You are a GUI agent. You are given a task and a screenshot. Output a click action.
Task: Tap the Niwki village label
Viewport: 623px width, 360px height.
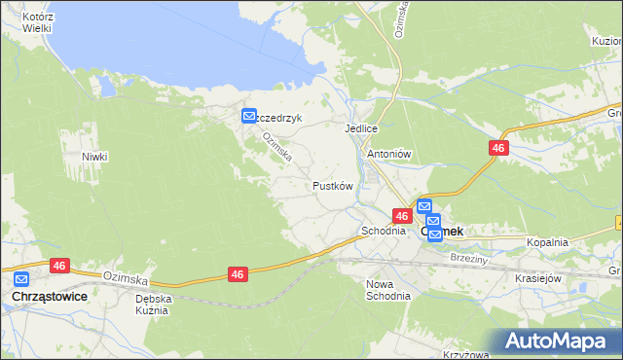pyautogui.click(x=94, y=157)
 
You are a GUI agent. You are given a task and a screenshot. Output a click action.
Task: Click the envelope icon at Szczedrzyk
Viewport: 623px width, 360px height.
pyautogui.click(x=249, y=116)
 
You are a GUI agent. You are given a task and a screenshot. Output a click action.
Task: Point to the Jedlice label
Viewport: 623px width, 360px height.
pyautogui.click(x=360, y=128)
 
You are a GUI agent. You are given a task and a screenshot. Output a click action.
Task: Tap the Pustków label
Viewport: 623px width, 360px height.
pyautogui.click(x=332, y=185)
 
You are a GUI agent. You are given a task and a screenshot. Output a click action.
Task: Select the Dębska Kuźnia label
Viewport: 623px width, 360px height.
pyautogui.click(x=153, y=305)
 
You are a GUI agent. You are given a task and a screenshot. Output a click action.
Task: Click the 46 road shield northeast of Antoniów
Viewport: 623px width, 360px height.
pyautogui.click(x=497, y=148)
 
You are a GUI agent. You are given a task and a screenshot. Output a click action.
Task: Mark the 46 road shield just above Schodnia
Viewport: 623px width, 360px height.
pyautogui.click(x=402, y=214)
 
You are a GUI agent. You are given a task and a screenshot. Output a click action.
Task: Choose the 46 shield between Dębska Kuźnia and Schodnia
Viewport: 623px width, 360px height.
pyautogui.click(x=238, y=275)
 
